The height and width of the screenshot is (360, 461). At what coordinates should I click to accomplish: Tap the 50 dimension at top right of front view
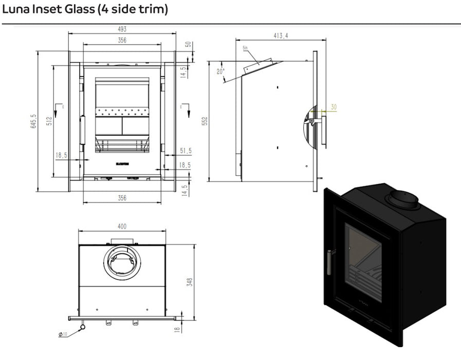(189, 44)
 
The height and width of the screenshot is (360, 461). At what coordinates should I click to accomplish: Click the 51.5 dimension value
(185, 151)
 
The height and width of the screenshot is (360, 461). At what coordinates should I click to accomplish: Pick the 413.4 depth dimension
(280, 35)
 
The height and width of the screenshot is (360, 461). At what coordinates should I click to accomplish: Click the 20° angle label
(220, 72)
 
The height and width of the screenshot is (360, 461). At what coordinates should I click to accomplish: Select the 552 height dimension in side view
(204, 121)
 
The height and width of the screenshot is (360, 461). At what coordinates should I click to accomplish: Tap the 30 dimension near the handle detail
(334, 107)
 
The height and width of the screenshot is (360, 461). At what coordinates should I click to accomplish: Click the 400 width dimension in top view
(122, 226)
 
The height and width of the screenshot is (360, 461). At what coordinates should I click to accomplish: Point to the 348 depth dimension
(189, 281)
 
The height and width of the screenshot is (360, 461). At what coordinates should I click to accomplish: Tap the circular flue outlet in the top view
(122, 263)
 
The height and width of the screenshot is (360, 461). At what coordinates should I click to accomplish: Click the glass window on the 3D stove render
(363, 262)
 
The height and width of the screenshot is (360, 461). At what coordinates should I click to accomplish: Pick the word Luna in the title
(17, 10)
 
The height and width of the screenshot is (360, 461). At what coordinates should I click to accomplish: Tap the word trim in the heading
(152, 10)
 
